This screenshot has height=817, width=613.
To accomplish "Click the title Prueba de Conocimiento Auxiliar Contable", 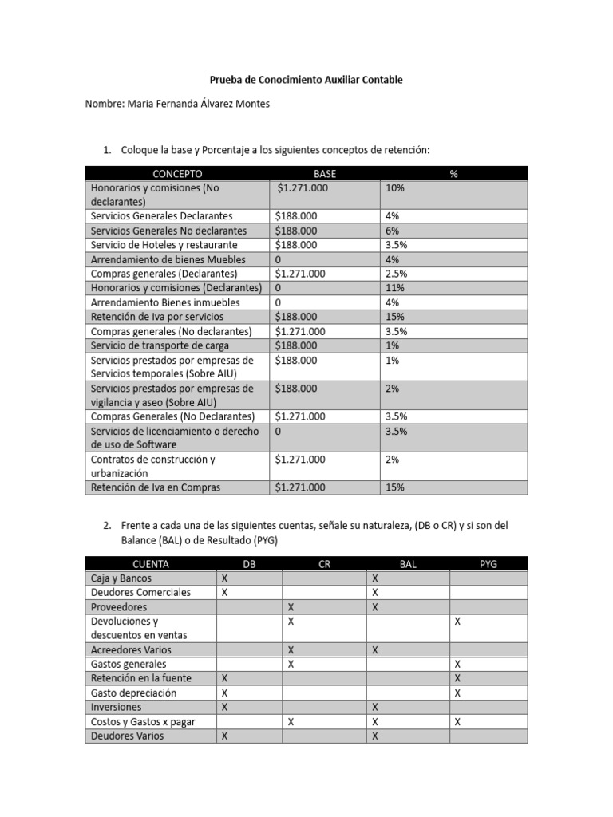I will pos(306,80).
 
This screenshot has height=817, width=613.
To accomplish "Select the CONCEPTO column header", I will pos(177,173).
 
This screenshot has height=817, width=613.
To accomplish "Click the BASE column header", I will pos(325,173).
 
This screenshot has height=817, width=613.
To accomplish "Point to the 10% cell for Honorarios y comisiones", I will pos(395,188).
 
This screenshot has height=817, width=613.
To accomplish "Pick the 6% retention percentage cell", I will pos(393,231).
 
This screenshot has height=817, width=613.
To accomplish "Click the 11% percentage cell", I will pos(395,288).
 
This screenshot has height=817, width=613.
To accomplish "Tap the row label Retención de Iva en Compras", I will pos(156,487).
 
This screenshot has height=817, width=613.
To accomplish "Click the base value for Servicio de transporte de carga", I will pos(296,345).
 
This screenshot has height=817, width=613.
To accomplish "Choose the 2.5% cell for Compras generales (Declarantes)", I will pos(397,274).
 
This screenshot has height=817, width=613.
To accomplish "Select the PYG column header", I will pos(488,564).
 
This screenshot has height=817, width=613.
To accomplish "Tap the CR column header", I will pos(324,564).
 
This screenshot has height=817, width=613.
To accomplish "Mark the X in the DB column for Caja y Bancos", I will pos(224,578).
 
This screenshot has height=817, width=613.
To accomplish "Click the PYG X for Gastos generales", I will pos(457,664).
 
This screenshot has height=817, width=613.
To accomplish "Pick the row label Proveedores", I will pos(113,607).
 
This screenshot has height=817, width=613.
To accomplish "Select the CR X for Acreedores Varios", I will pos(291,650).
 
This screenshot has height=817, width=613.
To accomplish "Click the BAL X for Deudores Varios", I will pos(374,736).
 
